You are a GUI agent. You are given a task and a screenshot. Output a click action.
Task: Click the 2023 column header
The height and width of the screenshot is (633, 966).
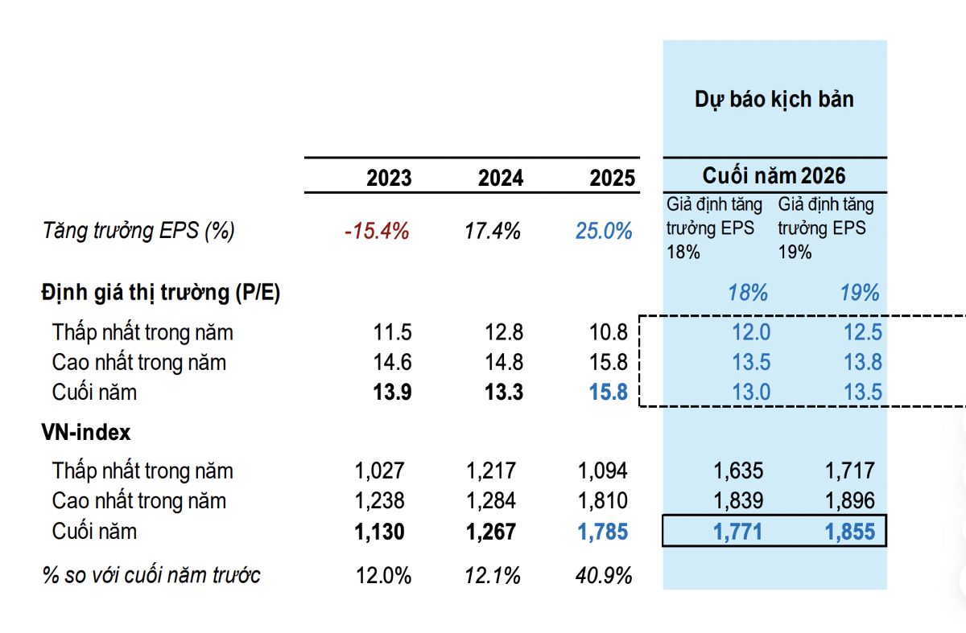coord(389,178)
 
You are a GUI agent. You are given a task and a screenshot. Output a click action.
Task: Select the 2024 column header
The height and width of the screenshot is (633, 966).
coord(501,178)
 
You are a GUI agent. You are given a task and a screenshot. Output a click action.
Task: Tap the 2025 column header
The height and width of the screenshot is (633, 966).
coord(613,178)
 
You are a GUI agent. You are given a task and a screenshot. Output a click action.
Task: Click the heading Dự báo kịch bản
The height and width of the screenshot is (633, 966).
coord(774,100)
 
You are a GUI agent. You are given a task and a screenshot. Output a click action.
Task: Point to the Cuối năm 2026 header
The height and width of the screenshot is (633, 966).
coord(774,175)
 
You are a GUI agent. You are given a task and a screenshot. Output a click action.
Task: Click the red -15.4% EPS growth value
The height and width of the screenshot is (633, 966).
coord(377,231)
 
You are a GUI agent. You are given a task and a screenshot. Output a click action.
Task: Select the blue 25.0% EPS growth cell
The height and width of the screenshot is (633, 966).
coord(604,231)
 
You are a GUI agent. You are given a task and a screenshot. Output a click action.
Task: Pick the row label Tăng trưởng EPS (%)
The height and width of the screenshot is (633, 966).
coord(138,231)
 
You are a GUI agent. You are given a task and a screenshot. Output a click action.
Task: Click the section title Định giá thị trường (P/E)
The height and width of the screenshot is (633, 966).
coord(161,293)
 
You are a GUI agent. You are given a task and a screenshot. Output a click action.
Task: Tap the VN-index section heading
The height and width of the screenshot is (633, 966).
coord(86,432)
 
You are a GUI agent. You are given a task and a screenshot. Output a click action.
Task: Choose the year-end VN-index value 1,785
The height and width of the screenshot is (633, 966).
coord(603,532)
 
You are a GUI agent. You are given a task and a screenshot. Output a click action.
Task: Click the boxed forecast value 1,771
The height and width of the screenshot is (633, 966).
coord(737,532)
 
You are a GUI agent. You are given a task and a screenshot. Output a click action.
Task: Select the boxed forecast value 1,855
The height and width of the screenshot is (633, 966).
coord(850,532)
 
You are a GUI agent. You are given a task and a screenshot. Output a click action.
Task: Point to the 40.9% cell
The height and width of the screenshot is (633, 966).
coord(604,576)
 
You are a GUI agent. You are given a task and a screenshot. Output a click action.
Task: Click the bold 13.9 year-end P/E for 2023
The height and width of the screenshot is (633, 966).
coord(393,393)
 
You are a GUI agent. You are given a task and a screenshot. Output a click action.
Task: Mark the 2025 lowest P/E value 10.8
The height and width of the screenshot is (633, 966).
coord(609,332)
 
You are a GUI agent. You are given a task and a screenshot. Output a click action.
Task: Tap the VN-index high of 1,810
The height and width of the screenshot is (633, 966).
coord(603,501)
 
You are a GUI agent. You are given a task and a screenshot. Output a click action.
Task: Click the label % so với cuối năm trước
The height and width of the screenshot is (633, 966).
coord(151,575)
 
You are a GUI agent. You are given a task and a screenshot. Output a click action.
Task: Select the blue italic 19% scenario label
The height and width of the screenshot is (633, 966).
coord(860,293)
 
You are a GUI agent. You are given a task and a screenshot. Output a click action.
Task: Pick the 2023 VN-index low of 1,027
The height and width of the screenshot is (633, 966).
coord(379,471)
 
